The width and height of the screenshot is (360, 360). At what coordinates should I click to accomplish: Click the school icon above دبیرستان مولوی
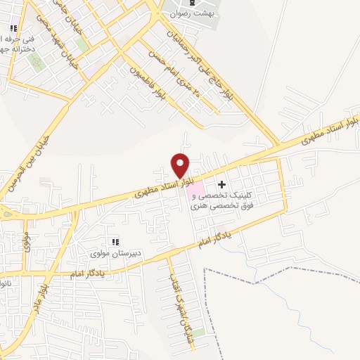coord(115,241)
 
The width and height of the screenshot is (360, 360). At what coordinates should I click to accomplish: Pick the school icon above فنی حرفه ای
coord(12,29)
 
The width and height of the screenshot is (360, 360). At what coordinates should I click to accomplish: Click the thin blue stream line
coord(309,295)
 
